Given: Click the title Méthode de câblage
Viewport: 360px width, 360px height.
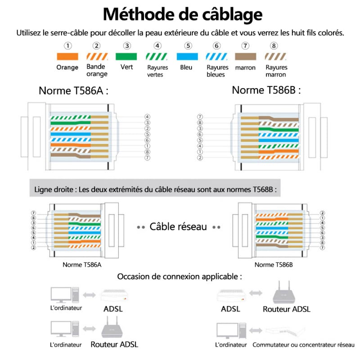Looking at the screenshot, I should click(182, 14).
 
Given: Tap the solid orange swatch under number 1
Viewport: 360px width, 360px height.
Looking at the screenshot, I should click(67, 57).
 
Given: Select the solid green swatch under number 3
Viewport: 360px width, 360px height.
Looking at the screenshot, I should click(127, 57).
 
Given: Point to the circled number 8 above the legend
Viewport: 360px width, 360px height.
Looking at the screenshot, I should click(274, 46).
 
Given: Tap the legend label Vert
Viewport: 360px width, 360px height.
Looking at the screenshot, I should click(127, 67).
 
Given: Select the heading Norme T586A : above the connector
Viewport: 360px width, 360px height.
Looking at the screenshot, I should click(74, 90).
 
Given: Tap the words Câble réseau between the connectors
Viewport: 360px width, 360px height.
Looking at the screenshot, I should click(178, 226).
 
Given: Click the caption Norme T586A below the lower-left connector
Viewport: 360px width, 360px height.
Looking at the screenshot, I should click(82, 265).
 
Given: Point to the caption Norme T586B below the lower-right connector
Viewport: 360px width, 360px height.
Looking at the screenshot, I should click(274, 265).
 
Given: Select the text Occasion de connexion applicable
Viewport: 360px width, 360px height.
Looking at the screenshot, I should click(180, 276).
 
